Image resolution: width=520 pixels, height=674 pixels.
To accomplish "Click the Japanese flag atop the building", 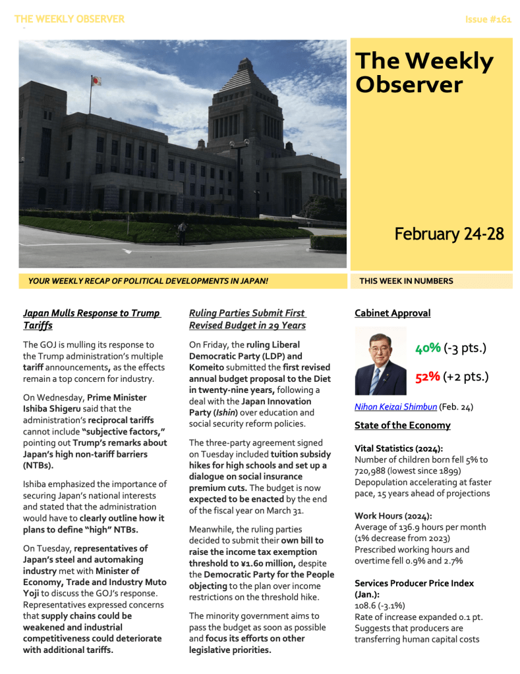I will (x=96, y=81).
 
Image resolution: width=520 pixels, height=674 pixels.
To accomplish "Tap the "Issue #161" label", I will (x=488, y=19).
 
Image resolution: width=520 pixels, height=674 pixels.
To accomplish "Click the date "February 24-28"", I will (x=449, y=234).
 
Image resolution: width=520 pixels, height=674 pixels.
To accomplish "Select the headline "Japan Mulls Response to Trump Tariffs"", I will (x=91, y=319).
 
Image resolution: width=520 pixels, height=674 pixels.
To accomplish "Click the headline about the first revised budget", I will (x=247, y=319).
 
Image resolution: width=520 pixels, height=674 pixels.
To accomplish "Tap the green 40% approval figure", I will (x=427, y=348).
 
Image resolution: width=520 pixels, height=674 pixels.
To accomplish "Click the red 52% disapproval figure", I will (x=427, y=377).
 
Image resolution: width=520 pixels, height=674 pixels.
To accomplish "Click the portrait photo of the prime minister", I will (x=380, y=361).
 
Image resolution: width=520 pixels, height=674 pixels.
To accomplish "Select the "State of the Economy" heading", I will (x=402, y=425).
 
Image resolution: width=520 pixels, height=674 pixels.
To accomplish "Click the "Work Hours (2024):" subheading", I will (x=391, y=515).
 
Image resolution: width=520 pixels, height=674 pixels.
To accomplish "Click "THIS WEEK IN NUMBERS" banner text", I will (x=406, y=281).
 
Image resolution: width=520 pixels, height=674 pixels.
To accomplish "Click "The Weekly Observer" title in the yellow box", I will (x=424, y=72).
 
